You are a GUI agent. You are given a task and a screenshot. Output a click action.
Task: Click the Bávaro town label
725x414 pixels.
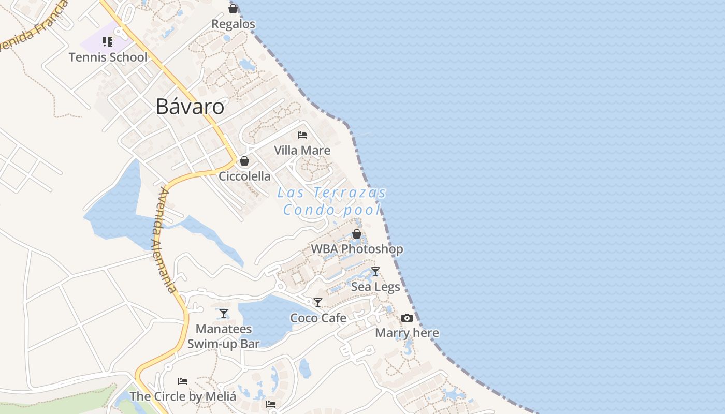click(x=190, y=107)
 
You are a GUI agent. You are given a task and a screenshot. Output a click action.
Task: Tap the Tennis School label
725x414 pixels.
click(x=108, y=57)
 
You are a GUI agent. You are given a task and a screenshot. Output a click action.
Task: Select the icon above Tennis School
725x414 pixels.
click(x=108, y=42)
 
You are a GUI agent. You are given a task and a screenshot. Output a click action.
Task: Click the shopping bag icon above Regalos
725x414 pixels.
click(x=233, y=9)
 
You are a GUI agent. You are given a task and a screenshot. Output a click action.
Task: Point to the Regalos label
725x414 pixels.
click(x=234, y=24)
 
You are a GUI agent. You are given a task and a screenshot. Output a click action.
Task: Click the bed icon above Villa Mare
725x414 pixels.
click(x=302, y=135)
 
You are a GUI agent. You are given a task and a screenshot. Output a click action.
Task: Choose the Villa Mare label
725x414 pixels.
click(x=302, y=151)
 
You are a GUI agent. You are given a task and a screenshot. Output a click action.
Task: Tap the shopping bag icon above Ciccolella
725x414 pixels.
click(x=244, y=161)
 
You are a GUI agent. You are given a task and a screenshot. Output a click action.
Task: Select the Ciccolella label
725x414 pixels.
click(x=244, y=176)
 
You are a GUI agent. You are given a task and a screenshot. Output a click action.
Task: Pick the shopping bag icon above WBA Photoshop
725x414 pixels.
click(x=357, y=234)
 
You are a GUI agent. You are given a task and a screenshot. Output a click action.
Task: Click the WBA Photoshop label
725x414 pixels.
click(x=357, y=249)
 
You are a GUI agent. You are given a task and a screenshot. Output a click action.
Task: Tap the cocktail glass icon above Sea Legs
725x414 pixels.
click(x=375, y=271)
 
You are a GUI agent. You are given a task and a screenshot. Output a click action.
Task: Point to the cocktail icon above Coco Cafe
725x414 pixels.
click(x=318, y=302)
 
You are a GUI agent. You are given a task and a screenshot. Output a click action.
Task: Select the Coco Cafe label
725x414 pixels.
click(x=318, y=318)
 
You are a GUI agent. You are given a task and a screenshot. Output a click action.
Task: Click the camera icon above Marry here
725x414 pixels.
click(x=407, y=318)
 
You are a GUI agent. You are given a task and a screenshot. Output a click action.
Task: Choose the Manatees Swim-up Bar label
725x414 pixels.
click(x=223, y=336)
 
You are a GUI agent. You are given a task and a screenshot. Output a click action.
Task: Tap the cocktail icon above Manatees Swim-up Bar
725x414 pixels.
click(x=223, y=313)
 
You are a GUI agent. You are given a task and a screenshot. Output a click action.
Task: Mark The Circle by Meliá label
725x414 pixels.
click(x=183, y=397)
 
